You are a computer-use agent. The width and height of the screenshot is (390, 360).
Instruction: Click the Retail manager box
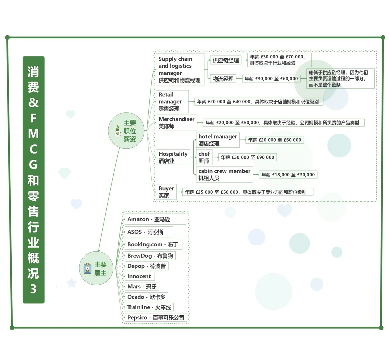[172, 102]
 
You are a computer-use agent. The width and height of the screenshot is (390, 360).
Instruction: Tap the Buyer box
[166, 192]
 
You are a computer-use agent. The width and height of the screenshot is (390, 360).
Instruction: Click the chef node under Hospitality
[204, 157]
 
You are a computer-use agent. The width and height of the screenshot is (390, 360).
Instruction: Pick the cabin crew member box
[225, 174]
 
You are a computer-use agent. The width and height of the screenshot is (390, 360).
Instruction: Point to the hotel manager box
[218, 140]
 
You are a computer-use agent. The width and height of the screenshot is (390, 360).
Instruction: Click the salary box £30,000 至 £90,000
[247, 157]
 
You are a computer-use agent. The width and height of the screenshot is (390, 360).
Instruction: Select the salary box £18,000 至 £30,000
[288, 175]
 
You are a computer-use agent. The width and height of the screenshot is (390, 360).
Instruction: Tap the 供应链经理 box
[226, 60]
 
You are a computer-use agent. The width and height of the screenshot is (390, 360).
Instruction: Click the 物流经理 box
[223, 79]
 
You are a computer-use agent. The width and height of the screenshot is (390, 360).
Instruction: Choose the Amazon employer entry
[155, 219]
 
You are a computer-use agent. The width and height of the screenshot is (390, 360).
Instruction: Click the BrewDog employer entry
[150, 256]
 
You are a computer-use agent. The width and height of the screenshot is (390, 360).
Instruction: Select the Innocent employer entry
[140, 276]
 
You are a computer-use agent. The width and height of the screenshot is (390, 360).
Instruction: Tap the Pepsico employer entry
[156, 317]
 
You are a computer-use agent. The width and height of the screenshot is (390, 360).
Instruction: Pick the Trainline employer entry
[149, 307]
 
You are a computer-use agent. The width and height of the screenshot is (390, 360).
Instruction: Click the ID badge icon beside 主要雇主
[87, 268]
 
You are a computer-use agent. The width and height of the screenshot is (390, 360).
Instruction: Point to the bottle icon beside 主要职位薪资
[118, 131]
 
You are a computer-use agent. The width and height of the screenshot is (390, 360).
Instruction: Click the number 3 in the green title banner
[33, 289]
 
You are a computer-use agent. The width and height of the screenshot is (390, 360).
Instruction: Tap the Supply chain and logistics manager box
[180, 69]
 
